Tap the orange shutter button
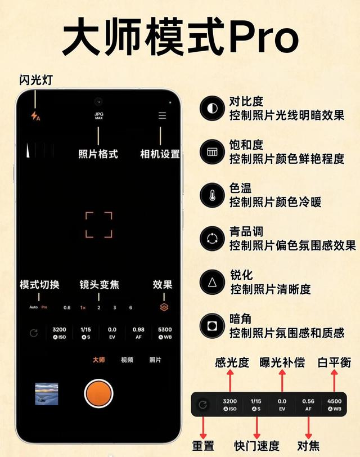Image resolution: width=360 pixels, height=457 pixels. click(98, 393)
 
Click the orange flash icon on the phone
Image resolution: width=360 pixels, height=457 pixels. click(35, 116)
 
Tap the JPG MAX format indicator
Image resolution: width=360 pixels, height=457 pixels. click(99, 116)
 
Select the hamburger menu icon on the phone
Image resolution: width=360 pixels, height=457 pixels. click(162, 115)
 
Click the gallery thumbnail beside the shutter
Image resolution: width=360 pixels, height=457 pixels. click(47, 394)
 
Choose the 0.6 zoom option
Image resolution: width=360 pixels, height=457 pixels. click(67, 307)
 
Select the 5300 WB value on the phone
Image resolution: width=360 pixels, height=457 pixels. click(165, 333)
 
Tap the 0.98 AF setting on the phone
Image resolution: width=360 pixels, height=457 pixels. click(138, 333)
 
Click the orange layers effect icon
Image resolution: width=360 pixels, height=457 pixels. click(164, 307)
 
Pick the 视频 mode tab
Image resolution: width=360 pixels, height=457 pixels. click(127, 360)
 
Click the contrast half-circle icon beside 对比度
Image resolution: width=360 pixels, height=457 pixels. click(212, 109)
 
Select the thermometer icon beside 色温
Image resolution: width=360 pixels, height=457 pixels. click(212, 195)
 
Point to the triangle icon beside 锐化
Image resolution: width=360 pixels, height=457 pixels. click(212, 282)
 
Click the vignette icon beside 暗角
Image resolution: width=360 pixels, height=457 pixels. click(212, 325)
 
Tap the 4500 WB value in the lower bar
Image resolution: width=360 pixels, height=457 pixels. click(334, 405)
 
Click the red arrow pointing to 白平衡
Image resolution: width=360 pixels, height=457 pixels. click(334, 380)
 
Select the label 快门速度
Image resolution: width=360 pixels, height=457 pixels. click(256, 446)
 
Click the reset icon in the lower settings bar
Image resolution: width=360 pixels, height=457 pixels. click(202, 405)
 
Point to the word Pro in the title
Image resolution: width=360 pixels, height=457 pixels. click(264, 37)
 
